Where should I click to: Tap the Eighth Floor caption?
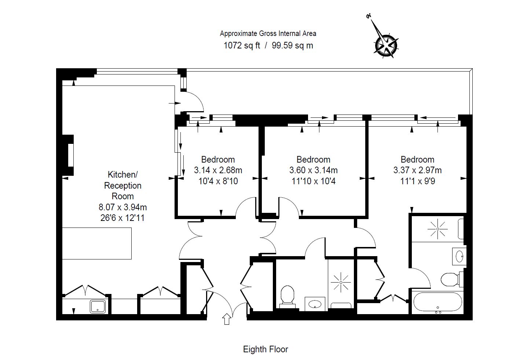point(265,349)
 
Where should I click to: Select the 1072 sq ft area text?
point(242,46)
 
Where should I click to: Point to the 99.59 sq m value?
point(292,46)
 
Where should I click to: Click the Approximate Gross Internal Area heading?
point(268,33)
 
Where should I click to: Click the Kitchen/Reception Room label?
point(122,185)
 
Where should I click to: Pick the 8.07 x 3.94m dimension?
point(122,207)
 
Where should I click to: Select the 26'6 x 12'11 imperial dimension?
point(122,218)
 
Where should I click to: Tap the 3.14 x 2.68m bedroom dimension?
point(218,170)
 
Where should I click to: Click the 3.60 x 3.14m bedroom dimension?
point(313,170)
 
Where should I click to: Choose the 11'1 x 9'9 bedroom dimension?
point(417,181)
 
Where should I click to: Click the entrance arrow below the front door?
point(226,319)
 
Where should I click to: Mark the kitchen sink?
point(98,306)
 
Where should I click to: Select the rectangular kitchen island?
point(96,243)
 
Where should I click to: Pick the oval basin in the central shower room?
point(315,304)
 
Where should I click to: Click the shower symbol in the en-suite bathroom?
point(437,229)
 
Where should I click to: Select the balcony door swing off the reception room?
point(193,100)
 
